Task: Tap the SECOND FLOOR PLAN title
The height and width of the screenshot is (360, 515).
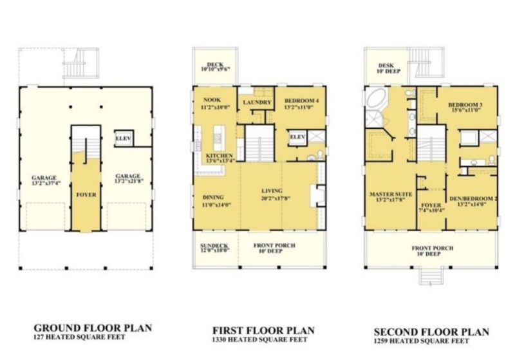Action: pyautogui.click(x=432, y=332)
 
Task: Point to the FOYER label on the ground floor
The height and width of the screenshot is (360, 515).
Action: pyautogui.click(x=86, y=194)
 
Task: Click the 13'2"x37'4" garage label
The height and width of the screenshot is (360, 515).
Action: pyautogui.click(x=45, y=181)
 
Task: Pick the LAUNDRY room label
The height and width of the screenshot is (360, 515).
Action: pyautogui.click(x=256, y=102)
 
